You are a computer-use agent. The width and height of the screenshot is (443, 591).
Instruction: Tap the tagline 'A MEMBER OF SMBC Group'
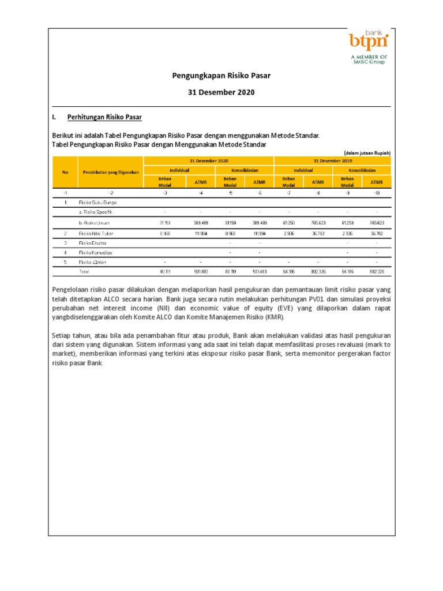[369, 59]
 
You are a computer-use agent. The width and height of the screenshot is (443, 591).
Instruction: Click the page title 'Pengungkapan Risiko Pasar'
[221, 76]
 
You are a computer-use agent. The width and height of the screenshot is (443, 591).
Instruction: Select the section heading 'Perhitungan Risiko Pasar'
[104, 117]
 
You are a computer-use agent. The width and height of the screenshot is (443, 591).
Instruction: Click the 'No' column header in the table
[65, 172]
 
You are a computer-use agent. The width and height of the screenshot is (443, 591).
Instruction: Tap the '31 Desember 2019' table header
[332, 160]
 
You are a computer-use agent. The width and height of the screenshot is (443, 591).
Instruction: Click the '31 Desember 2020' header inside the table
[208, 160]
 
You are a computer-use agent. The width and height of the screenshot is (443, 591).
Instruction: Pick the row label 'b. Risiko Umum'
[94, 223]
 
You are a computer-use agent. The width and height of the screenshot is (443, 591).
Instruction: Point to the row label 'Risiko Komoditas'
[96, 252]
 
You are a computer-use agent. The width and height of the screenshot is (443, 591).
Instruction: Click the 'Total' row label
[84, 271]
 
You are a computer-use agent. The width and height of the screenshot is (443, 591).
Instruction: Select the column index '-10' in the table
[376, 193]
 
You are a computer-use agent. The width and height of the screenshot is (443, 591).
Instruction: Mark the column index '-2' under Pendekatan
[111, 193]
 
